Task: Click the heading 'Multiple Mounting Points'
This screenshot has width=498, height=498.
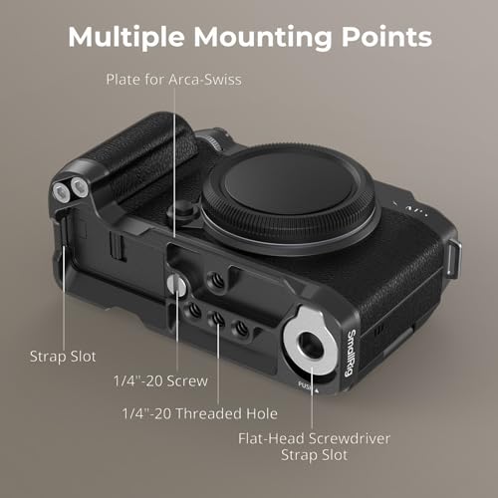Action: pos(249,37)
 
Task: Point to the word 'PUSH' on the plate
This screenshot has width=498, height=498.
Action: pos(308,382)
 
